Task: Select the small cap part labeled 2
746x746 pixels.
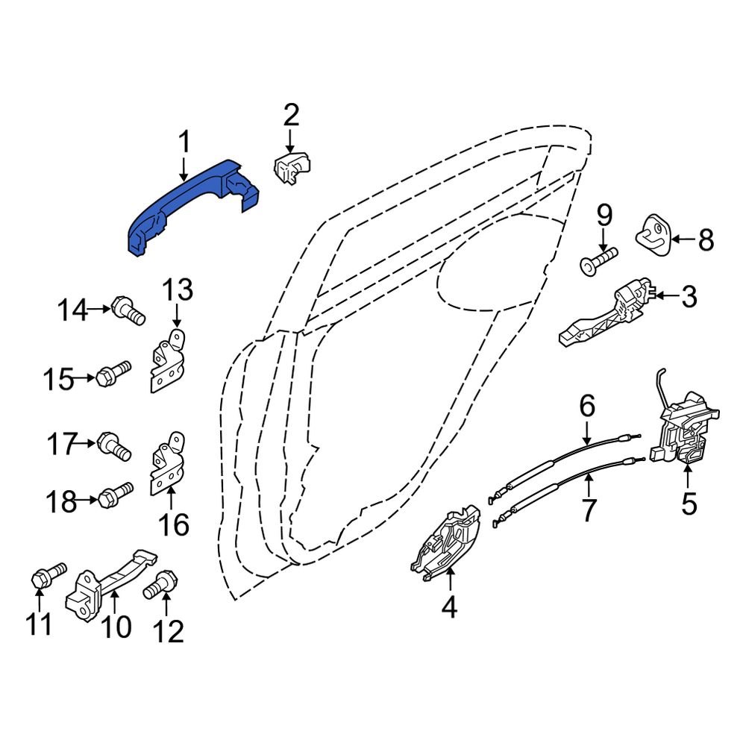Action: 292,168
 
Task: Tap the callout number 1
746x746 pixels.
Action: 184,142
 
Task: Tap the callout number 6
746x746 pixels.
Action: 587,407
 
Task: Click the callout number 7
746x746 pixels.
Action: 589,510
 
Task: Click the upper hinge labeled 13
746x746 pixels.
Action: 167,360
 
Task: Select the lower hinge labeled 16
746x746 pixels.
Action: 167,464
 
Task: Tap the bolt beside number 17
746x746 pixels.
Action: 114,446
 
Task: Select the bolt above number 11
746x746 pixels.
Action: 48,574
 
